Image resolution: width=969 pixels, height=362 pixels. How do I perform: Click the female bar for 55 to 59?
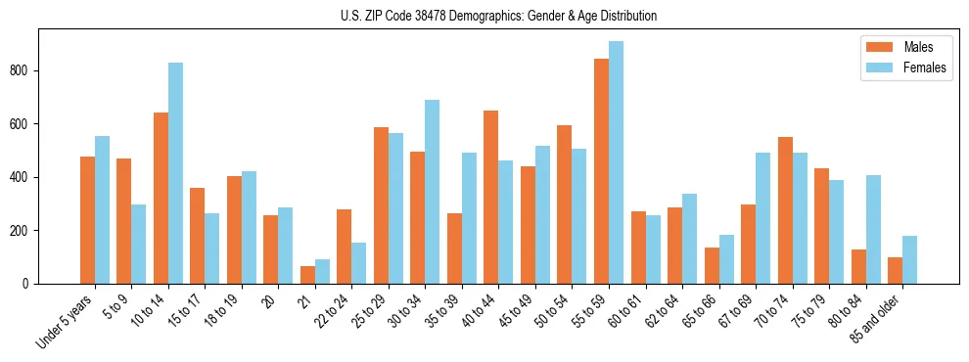click(616, 162)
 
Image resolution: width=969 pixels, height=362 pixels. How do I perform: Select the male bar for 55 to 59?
click(601, 171)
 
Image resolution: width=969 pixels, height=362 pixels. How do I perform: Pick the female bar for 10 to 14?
click(175, 173)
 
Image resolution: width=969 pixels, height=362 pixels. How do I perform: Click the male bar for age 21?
click(307, 275)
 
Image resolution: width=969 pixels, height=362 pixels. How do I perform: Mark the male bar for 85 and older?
click(895, 270)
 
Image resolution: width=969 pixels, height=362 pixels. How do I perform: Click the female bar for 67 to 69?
click(762, 218)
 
